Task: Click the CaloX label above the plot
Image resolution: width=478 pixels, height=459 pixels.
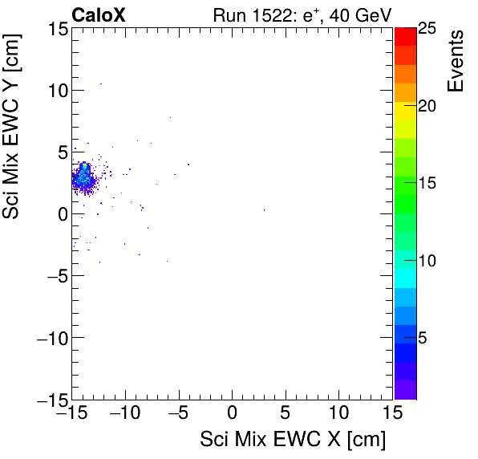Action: pos(99,14)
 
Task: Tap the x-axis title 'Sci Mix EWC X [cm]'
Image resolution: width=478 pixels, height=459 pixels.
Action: pos(293,439)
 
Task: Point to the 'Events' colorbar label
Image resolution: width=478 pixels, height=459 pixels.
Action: pos(456,61)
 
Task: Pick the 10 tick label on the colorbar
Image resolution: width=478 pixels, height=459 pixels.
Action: pos(427,262)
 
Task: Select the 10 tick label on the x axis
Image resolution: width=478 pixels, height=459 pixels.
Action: pos(338,415)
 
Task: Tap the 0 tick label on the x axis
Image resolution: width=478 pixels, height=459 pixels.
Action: pos(232,415)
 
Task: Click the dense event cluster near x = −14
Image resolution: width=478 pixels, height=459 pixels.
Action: pos(83,178)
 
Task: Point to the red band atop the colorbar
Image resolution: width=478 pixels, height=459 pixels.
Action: pos(405,35)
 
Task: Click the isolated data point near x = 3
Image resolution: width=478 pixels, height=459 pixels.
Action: pos(264,210)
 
